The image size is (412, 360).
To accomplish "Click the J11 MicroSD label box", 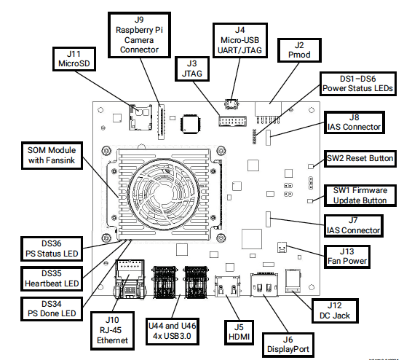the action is (74, 59).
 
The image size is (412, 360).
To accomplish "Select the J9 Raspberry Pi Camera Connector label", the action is (139, 35).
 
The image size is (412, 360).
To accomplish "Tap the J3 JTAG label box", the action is (192, 69).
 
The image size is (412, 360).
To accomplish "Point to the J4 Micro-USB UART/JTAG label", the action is (240, 40).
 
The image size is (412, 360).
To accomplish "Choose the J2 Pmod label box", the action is (299, 50).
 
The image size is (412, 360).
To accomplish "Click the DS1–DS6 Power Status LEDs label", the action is (358, 84).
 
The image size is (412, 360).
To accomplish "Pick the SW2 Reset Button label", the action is (360, 159).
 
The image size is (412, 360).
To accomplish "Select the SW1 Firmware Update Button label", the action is (360, 195).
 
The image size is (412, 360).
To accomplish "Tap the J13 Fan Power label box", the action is (347, 257).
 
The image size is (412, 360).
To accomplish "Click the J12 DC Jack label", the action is (335, 310).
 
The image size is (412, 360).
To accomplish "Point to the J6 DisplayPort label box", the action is (288, 345).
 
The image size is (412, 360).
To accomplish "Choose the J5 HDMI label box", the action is (239, 332).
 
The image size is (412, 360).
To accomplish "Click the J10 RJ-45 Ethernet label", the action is (112, 331).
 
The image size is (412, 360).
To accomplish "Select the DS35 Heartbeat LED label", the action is (52, 278).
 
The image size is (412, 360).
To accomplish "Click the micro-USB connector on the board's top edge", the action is (231, 104).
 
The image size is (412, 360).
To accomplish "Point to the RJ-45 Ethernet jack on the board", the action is (130, 279).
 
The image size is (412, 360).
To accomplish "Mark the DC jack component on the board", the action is (293, 281).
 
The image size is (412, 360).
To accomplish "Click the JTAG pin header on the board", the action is (232, 121).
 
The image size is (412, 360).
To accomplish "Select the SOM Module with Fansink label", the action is (52, 155).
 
